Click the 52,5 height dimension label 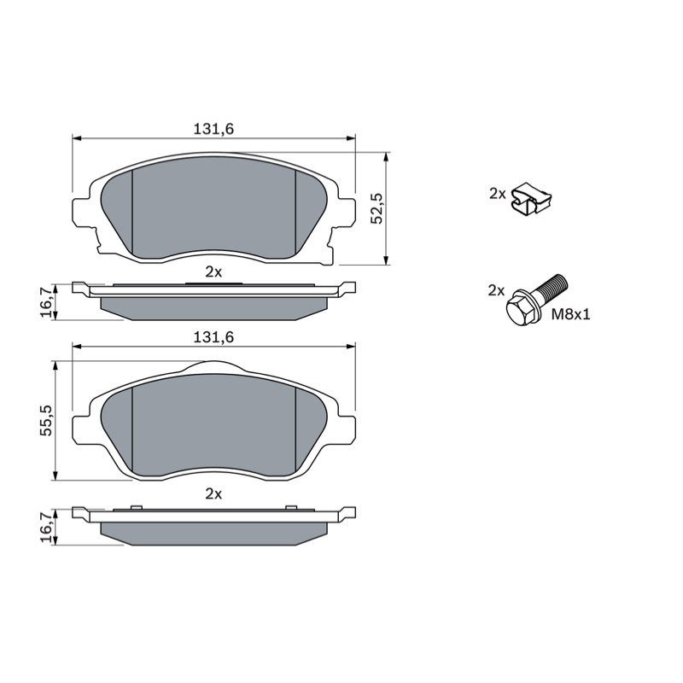click(x=377, y=207)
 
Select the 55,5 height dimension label click(x=46, y=420)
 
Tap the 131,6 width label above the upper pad click(x=213, y=129)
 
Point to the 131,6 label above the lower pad click(x=213, y=337)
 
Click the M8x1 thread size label click(x=570, y=314)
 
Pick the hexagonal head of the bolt click(x=522, y=307)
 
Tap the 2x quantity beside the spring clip click(x=497, y=194)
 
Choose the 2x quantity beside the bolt click(x=496, y=290)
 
